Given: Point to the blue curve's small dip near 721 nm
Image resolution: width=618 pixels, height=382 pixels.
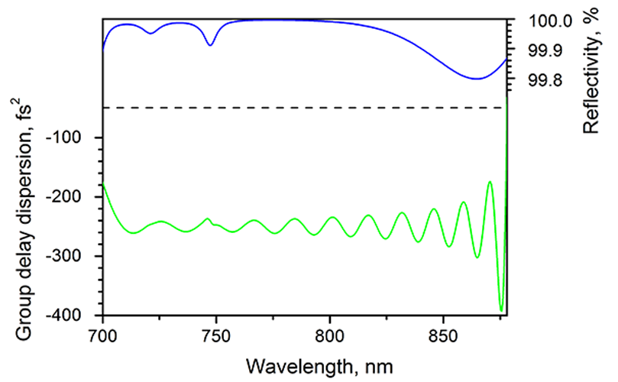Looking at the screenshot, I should click(x=150, y=34).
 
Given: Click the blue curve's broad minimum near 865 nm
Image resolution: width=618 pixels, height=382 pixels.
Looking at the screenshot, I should click(x=477, y=79).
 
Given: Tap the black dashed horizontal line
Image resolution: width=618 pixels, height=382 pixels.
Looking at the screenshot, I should click(x=306, y=108).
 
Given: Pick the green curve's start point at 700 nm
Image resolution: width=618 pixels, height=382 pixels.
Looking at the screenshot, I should click(x=103, y=184).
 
